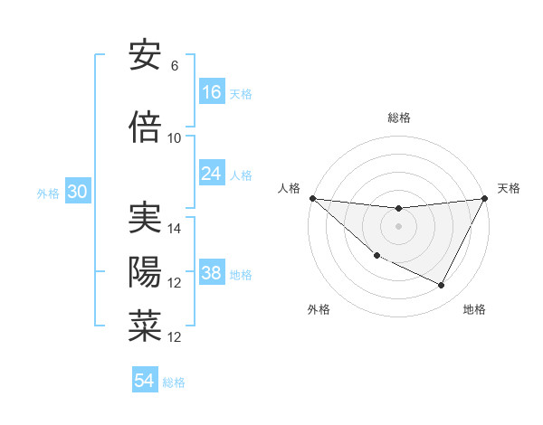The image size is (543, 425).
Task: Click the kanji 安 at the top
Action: (145, 56)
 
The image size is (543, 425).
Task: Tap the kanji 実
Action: (145, 220)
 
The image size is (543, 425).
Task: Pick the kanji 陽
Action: (145, 272)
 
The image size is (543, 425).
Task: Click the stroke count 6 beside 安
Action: (175, 66)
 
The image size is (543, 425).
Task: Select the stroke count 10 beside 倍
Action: (175, 138)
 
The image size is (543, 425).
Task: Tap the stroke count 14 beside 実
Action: (175, 230)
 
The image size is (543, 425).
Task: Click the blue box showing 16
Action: (212, 92)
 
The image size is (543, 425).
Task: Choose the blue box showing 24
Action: (212, 174)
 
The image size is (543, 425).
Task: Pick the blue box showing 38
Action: (212, 274)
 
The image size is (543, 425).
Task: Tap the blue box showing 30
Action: (77, 193)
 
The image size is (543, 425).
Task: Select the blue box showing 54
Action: (145, 382)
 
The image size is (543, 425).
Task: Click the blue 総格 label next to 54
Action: (174, 382)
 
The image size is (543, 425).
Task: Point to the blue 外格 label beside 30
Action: (48, 194)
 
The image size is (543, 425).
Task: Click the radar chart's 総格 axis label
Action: (398, 118)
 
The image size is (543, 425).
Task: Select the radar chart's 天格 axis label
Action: (510, 188)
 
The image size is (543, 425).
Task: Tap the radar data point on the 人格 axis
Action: (312, 198)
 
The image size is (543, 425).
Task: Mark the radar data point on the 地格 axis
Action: (442, 286)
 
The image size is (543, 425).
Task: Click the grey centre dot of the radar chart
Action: (398, 226)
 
